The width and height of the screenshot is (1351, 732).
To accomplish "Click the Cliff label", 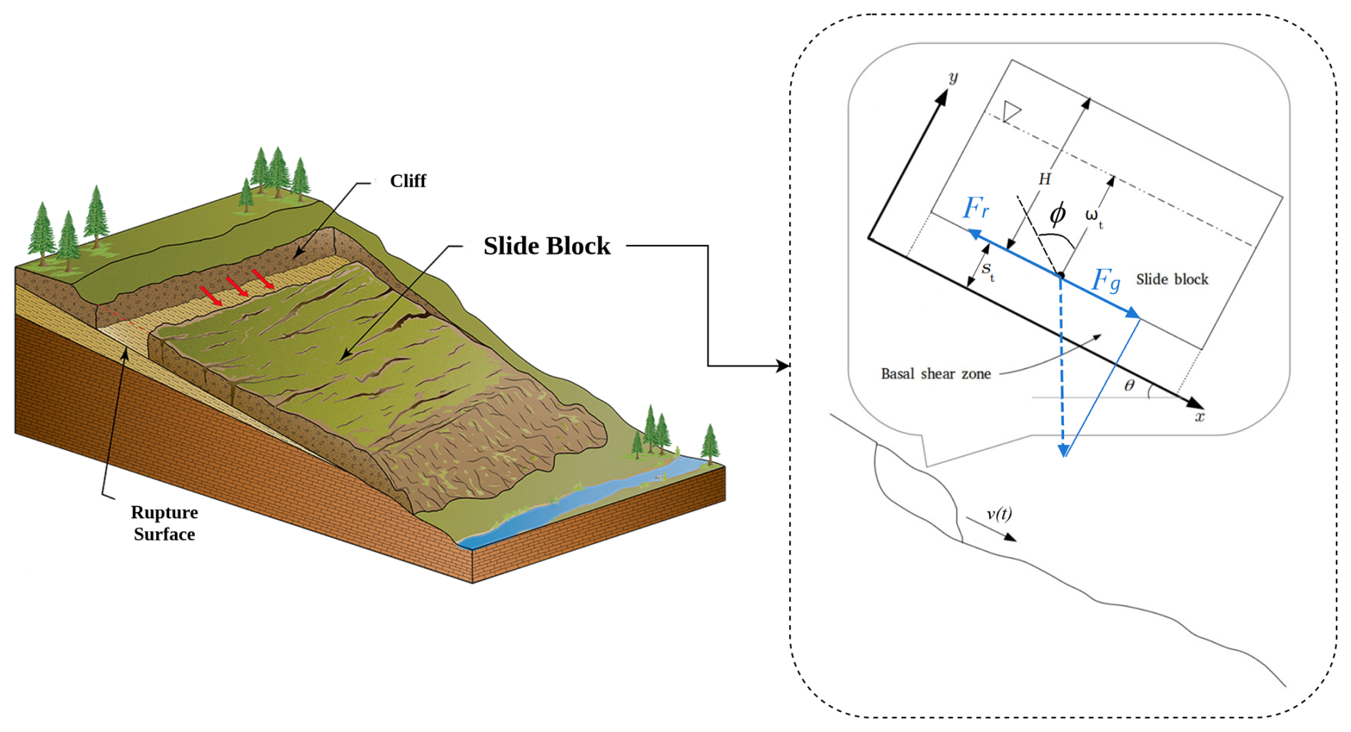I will coord(408,181).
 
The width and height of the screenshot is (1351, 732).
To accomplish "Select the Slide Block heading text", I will coord(546,246).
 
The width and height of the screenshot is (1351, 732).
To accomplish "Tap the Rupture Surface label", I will coord(164,523).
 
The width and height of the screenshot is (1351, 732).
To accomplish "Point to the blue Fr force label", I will coord(975,208).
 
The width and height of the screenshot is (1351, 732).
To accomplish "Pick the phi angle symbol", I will coord(1058,214).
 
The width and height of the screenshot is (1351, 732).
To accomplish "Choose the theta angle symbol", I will coord(1129,386).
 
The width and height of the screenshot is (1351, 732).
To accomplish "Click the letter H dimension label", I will coord(1045,179).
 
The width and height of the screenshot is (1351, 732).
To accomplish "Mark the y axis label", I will coord(953,77).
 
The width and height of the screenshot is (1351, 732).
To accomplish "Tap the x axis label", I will coord(1200,417).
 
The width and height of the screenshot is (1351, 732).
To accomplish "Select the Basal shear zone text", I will coord(935,373).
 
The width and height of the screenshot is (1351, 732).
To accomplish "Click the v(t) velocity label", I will coord(999,513).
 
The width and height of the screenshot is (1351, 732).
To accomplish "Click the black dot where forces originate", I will coord(1061,276).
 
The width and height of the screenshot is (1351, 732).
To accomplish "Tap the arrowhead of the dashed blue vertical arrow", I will coord(1063,450).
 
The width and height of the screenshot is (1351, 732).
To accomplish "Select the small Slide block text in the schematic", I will coord(1172,279).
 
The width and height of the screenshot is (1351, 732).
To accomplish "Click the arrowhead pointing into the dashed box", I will coord(783,366).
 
